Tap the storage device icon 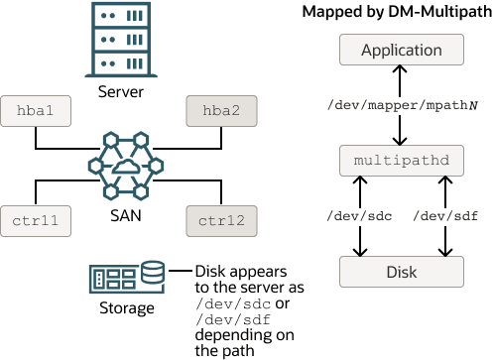point(127,274)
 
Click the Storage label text point(127,307)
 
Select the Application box point(401,50)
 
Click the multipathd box point(401,159)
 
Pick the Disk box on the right point(401,270)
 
